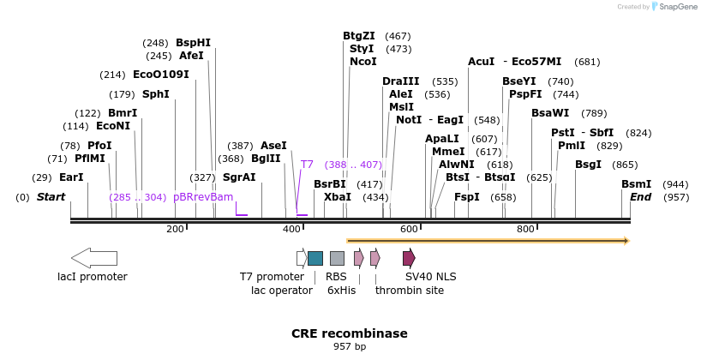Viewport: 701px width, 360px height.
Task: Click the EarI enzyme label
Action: tap(71, 177)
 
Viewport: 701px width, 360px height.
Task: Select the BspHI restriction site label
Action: tap(193, 42)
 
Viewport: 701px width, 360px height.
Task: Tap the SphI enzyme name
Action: tap(156, 94)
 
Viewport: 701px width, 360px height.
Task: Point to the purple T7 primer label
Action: tap(307, 164)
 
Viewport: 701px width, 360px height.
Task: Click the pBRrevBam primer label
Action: tap(203, 197)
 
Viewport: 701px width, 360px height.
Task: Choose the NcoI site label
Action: tap(362, 62)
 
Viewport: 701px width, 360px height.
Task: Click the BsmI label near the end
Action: tap(636, 184)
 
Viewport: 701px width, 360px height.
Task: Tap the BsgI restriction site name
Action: tap(589, 165)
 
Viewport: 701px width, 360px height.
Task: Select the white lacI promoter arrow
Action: tap(93, 258)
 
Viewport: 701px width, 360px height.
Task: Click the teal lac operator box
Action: tap(315, 258)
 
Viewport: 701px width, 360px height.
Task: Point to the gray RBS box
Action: tap(337, 258)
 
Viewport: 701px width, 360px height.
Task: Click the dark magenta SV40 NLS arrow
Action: tap(409, 258)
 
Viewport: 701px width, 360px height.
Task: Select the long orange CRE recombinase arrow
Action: tap(488, 241)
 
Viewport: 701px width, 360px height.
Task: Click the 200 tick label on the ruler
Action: tap(175, 229)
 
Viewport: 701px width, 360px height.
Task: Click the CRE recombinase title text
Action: tap(349, 333)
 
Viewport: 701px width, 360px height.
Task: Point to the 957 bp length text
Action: tap(349, 347)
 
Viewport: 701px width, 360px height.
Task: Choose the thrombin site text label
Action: tap(409, 290)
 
